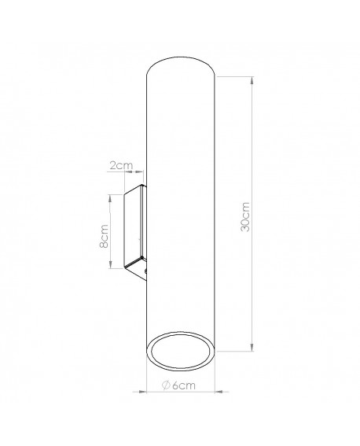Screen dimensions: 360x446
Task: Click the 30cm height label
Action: coord(245,217)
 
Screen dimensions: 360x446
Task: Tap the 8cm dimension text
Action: coord(105,236)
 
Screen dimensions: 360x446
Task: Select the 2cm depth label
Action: coord(121,165)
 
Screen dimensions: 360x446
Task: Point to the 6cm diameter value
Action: coord(184,385)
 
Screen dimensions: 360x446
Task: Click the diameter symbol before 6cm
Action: coord(166,385)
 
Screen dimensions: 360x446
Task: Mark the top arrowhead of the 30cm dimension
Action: coord(252,80)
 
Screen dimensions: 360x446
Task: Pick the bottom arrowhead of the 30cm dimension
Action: coord(252,348)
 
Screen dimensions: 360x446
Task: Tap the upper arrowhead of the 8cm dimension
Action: coord(110,198)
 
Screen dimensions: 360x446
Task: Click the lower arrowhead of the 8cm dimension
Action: coord(110,264)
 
